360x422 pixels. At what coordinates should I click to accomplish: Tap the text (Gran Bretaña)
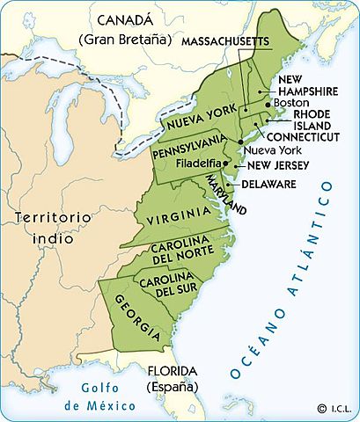tap(125, 40)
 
